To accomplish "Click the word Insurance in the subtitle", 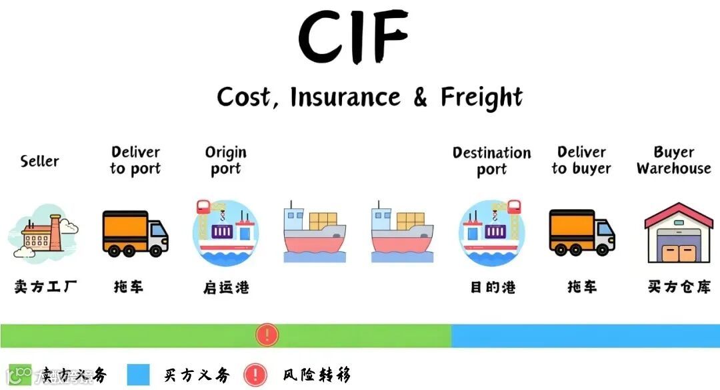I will coord(345,97).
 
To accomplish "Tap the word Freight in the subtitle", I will coord(481,97).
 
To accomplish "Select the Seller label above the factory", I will coord(39,162).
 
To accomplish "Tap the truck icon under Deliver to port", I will coord(135,233).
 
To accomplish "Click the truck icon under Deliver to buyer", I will coord(582,233).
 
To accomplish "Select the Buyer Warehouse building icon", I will coord(679,233).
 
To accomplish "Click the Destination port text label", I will coord(492,161).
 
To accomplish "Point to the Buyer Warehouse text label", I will coord(674,161).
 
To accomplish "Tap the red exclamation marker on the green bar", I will coord(267,335).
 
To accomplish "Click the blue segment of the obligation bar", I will coord(585,336).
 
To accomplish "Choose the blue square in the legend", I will coord(138,375).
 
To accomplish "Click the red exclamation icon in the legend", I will coord(255,375).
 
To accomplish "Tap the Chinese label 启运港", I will coord(226,288).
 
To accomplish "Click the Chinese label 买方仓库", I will coord(679,287).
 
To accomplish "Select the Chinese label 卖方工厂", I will coord(45,287).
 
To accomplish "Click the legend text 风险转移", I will coord(316,375).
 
